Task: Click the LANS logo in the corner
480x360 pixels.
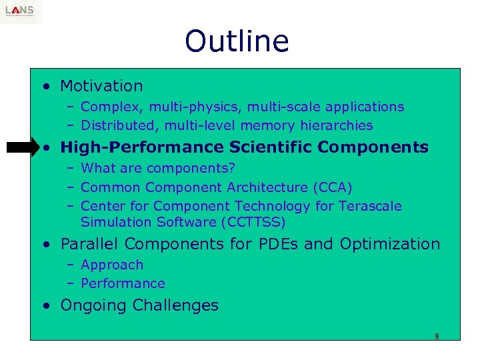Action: (x=21, y=11)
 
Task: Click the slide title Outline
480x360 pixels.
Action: (x=237, y=41)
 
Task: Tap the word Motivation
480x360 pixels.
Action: (x=101, y=86)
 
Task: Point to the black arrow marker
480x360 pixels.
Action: (x=24, y=147)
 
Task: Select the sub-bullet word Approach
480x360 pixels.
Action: (x=112, y=265)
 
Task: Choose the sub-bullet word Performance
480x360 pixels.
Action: (x=123, y=283)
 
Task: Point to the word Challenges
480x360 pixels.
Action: (x=175, y=305)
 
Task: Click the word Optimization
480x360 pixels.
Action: (x=390, y=244)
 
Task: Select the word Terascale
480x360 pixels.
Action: (x=369, y=206)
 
